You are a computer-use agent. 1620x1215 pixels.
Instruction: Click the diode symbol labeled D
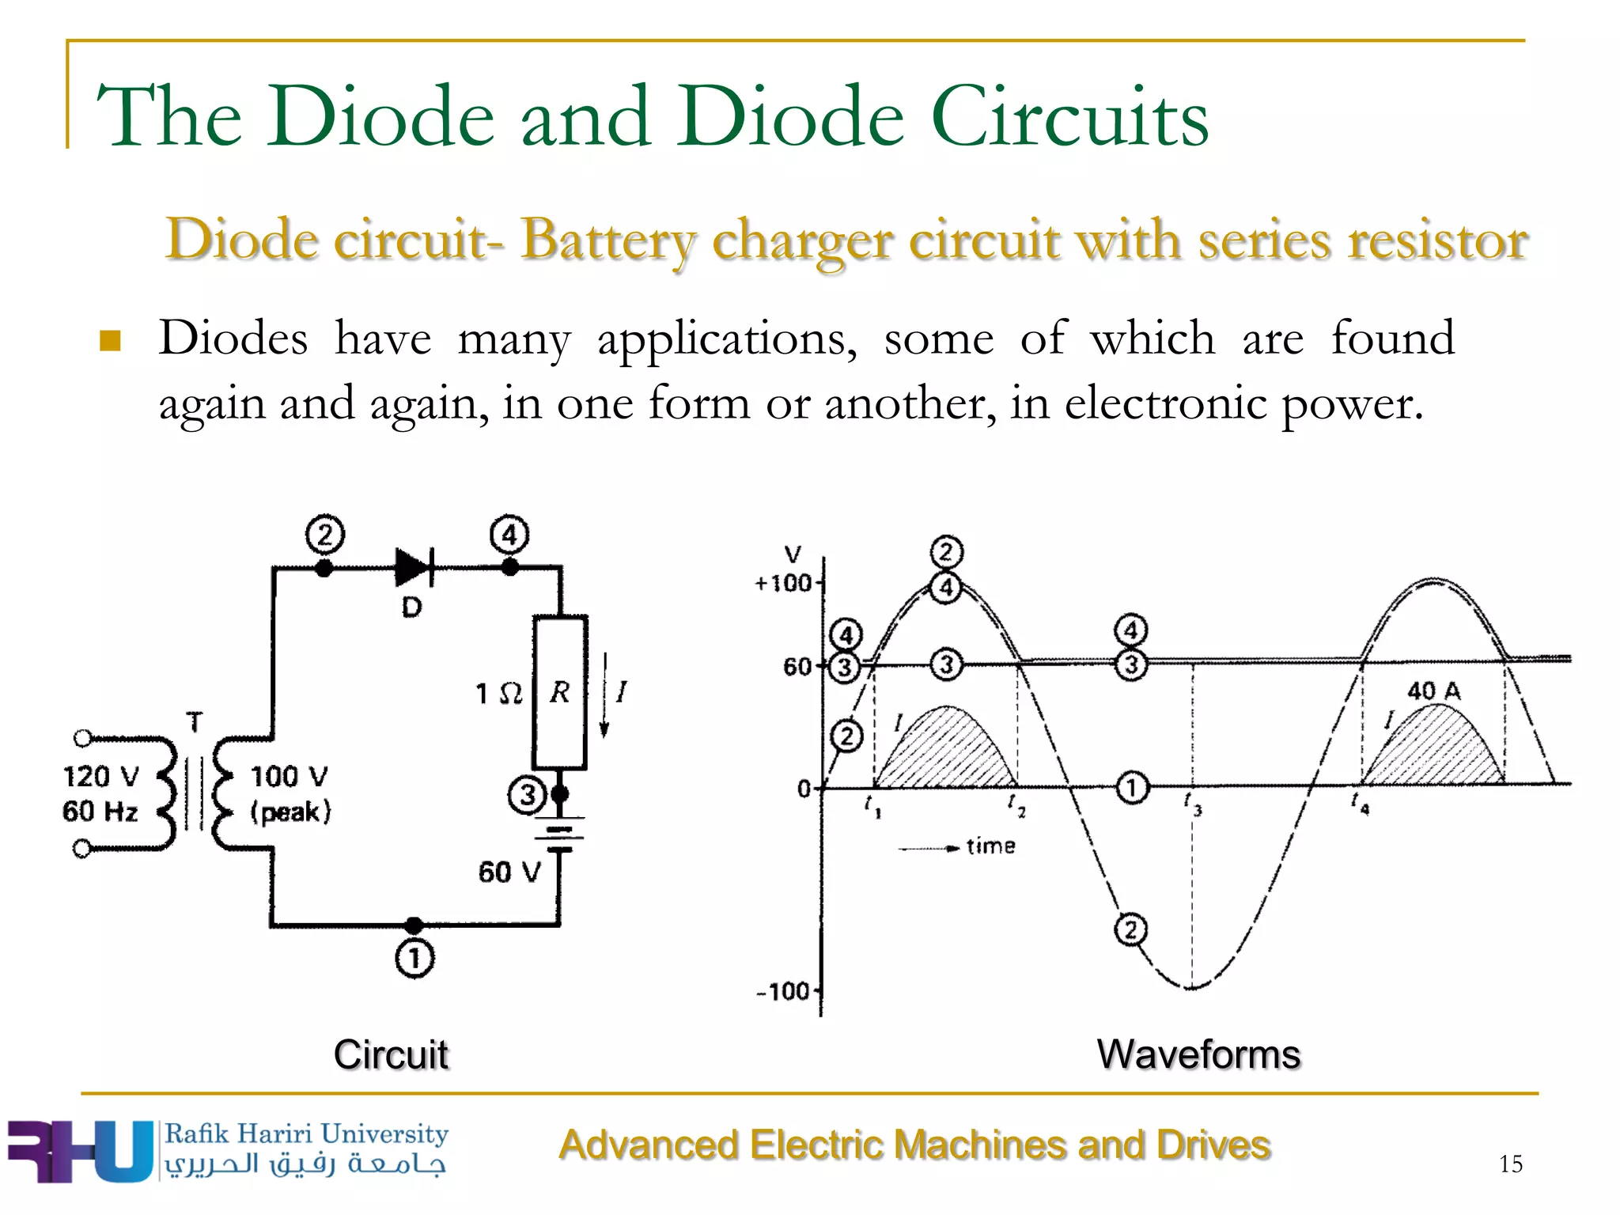click(414, 566)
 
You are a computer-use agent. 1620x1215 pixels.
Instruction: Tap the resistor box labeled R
click(560, 692)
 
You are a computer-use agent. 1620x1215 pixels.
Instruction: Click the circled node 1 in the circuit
click(414, 958)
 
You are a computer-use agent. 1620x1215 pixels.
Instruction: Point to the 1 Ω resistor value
click(498, 694)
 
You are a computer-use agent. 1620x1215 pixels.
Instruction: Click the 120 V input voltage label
click(101, 776)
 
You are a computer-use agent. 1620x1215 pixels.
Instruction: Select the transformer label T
click(195, 721)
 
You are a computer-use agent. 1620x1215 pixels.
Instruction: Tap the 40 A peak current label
click(1433, 691)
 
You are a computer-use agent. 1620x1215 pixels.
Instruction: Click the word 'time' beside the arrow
click(990, 846)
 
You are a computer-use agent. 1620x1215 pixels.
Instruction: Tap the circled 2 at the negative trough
click(1130, 929)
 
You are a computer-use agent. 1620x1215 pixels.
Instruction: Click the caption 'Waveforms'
click(1198, 1054)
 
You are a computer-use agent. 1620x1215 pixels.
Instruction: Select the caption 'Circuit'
click(391, 1054)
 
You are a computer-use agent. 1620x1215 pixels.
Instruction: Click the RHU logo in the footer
click(79, 1151)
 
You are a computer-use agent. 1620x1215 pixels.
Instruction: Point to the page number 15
click(1510, 1164)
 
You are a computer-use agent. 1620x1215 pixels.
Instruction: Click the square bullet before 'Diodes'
click(111, 341)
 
